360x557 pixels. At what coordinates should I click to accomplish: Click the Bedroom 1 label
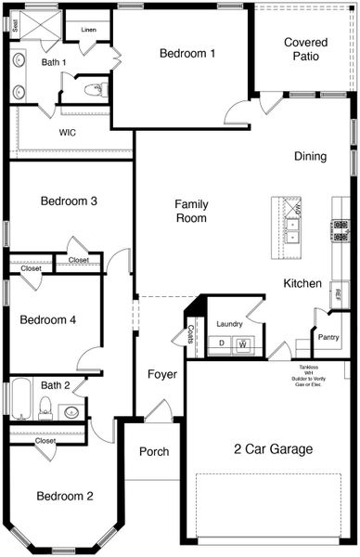(x=187, y=54)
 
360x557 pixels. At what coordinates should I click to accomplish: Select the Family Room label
(x=191, y=212)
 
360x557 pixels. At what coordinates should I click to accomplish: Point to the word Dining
(x=310, y=157)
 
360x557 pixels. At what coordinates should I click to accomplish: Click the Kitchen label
(x=302, y=283)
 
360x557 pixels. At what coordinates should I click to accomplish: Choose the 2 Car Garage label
(x=273, y=449)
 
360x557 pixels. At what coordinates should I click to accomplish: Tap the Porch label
(x=154, y=452)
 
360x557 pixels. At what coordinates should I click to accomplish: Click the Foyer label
(x=162, y=375)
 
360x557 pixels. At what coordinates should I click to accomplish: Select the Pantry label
(x=328, y=338)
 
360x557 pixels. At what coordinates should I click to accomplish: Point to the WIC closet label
(x=68, y=133)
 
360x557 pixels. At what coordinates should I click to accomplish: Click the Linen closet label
(x=88, y=31)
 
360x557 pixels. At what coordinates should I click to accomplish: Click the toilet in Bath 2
(x=45, y=407)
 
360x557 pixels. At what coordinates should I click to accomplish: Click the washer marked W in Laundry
(x=242, y=344)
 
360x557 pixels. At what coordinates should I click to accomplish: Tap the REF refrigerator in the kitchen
(x=338, y=295)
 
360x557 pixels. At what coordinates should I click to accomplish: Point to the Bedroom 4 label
(x=47, y=320)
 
